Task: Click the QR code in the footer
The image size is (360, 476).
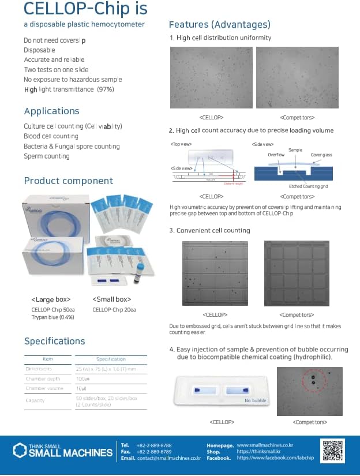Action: [x=332, y=451]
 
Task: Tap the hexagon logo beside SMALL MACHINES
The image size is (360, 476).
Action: [x=20, y=450]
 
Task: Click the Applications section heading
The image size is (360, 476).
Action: [x=51, y=111]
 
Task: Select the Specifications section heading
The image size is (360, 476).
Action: [x=54, y=341]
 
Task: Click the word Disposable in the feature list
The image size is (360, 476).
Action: [x=40, y=50]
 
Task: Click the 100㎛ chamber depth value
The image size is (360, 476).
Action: [x=83, y=379]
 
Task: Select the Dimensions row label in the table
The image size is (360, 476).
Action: [x=39, y=369]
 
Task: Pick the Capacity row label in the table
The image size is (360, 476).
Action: [x=35, y=400]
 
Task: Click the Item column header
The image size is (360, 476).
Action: [x=48, y=359]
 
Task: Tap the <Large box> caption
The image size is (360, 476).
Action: [x=51, y=299]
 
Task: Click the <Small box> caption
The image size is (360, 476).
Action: [x=111, y=299]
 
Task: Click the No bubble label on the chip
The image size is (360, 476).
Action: [x=254, y=400]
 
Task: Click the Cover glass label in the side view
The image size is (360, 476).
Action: [x=321, y=155]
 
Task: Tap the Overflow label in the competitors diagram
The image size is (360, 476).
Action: [x=276, y=155]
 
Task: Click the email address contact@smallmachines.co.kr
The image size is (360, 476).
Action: [x=168, y=458]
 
